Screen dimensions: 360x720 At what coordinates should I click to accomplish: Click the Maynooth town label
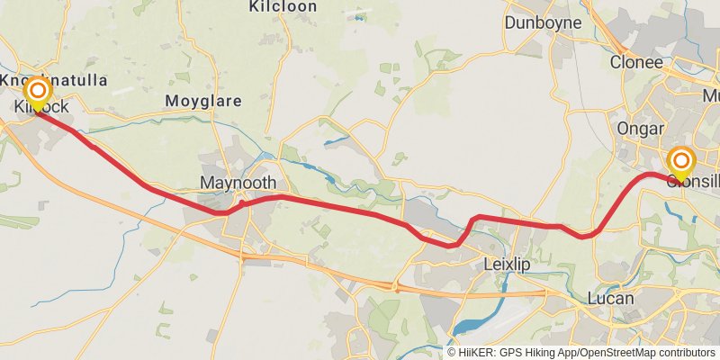pyautogui.click(x=237, y=183)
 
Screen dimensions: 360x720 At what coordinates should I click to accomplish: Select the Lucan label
pyautogui.click(x=609, y=298)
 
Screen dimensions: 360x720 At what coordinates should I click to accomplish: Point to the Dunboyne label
pyautogui.click(x=541, y=22)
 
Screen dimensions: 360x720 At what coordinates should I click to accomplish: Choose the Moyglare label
pyautogui.click(x=203, y=101)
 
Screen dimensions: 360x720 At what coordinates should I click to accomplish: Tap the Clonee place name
pyautogui.click(x=636, y=62)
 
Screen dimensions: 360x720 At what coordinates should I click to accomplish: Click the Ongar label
pyautogui.click(x=640, y=128)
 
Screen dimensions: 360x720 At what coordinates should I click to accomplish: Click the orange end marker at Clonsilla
pyautogui.click(x=681, y=161)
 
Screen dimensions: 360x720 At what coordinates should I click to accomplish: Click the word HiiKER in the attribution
pyautogui.click(x=473, y=352)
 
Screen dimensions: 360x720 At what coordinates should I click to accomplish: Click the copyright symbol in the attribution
pyautogui.click(x=451, y=352)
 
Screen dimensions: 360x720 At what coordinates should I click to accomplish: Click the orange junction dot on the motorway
pyautogui.click(x=396, y=288)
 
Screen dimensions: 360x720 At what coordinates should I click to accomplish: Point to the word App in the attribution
pyautogui.click(x=567, y=352)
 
